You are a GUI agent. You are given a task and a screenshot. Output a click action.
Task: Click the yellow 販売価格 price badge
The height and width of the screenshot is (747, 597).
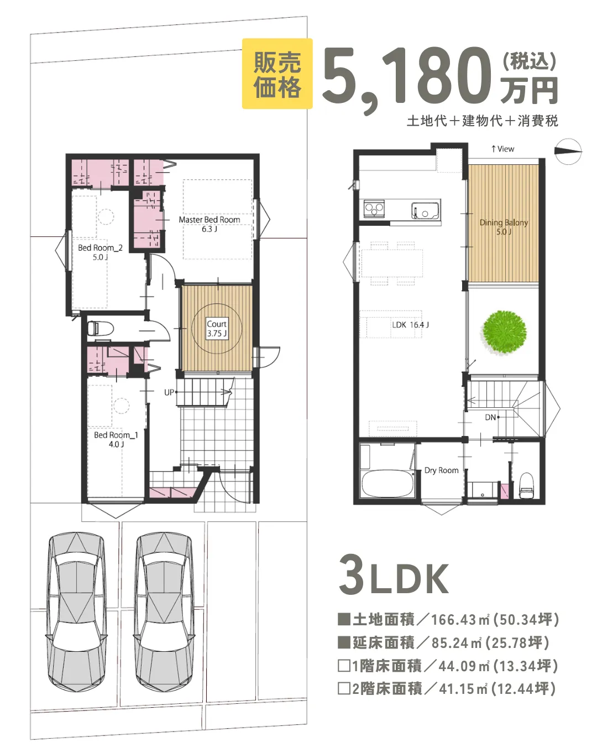pyautogui.click(x=277, y=74)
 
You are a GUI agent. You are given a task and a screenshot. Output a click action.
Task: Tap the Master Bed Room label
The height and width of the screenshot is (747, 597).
pyautogui.click(x=209, y=224)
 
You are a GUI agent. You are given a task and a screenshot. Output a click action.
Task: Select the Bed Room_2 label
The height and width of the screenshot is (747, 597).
pyautogui.click(x=100, y=252)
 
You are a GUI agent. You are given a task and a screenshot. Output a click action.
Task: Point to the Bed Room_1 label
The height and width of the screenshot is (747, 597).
pyautogui.click(x=116, y=439)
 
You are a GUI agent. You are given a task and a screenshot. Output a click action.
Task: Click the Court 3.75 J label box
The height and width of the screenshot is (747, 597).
pyautogui.click(x=217, y=328)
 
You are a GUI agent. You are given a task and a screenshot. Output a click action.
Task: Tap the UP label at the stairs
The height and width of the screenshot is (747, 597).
pyautogui.click(x=169, y=392)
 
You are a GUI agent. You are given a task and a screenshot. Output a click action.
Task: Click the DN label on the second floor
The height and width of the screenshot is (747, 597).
pyautogui.click(x=490, y=417)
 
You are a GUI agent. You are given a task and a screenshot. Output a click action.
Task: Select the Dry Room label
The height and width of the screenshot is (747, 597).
pyautogui.click(x=441, y=470)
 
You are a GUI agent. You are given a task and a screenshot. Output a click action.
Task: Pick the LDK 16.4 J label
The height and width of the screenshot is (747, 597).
pyautogui.click(x=410, y=325)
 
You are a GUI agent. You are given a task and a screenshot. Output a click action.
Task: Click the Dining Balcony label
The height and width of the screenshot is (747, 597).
pyautogui.click(x=504, y=227)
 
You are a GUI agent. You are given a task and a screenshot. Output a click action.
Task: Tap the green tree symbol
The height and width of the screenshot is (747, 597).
pyautogui.click(x=504, y=333)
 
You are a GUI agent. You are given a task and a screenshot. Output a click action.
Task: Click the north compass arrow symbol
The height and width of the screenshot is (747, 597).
pyautogui.click(x=568, y=152)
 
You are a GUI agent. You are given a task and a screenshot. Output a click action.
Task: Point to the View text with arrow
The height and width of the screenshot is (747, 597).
pyautogui.click(x=502, y=149)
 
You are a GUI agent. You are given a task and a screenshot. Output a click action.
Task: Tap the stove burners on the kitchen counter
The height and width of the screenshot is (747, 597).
pyautogui.click(x=374, y=209)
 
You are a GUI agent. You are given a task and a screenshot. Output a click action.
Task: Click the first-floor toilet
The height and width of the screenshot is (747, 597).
pyautogui.click(x=101, y=328)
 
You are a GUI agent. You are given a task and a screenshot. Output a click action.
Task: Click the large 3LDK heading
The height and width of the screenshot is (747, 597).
pyautogui.click(x=394, y=578)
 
